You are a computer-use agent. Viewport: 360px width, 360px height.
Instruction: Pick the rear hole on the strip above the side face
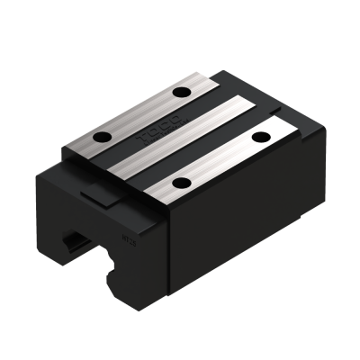(x=261, y=137)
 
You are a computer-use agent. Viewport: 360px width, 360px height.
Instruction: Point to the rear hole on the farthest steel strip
(x=183, y=93)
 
